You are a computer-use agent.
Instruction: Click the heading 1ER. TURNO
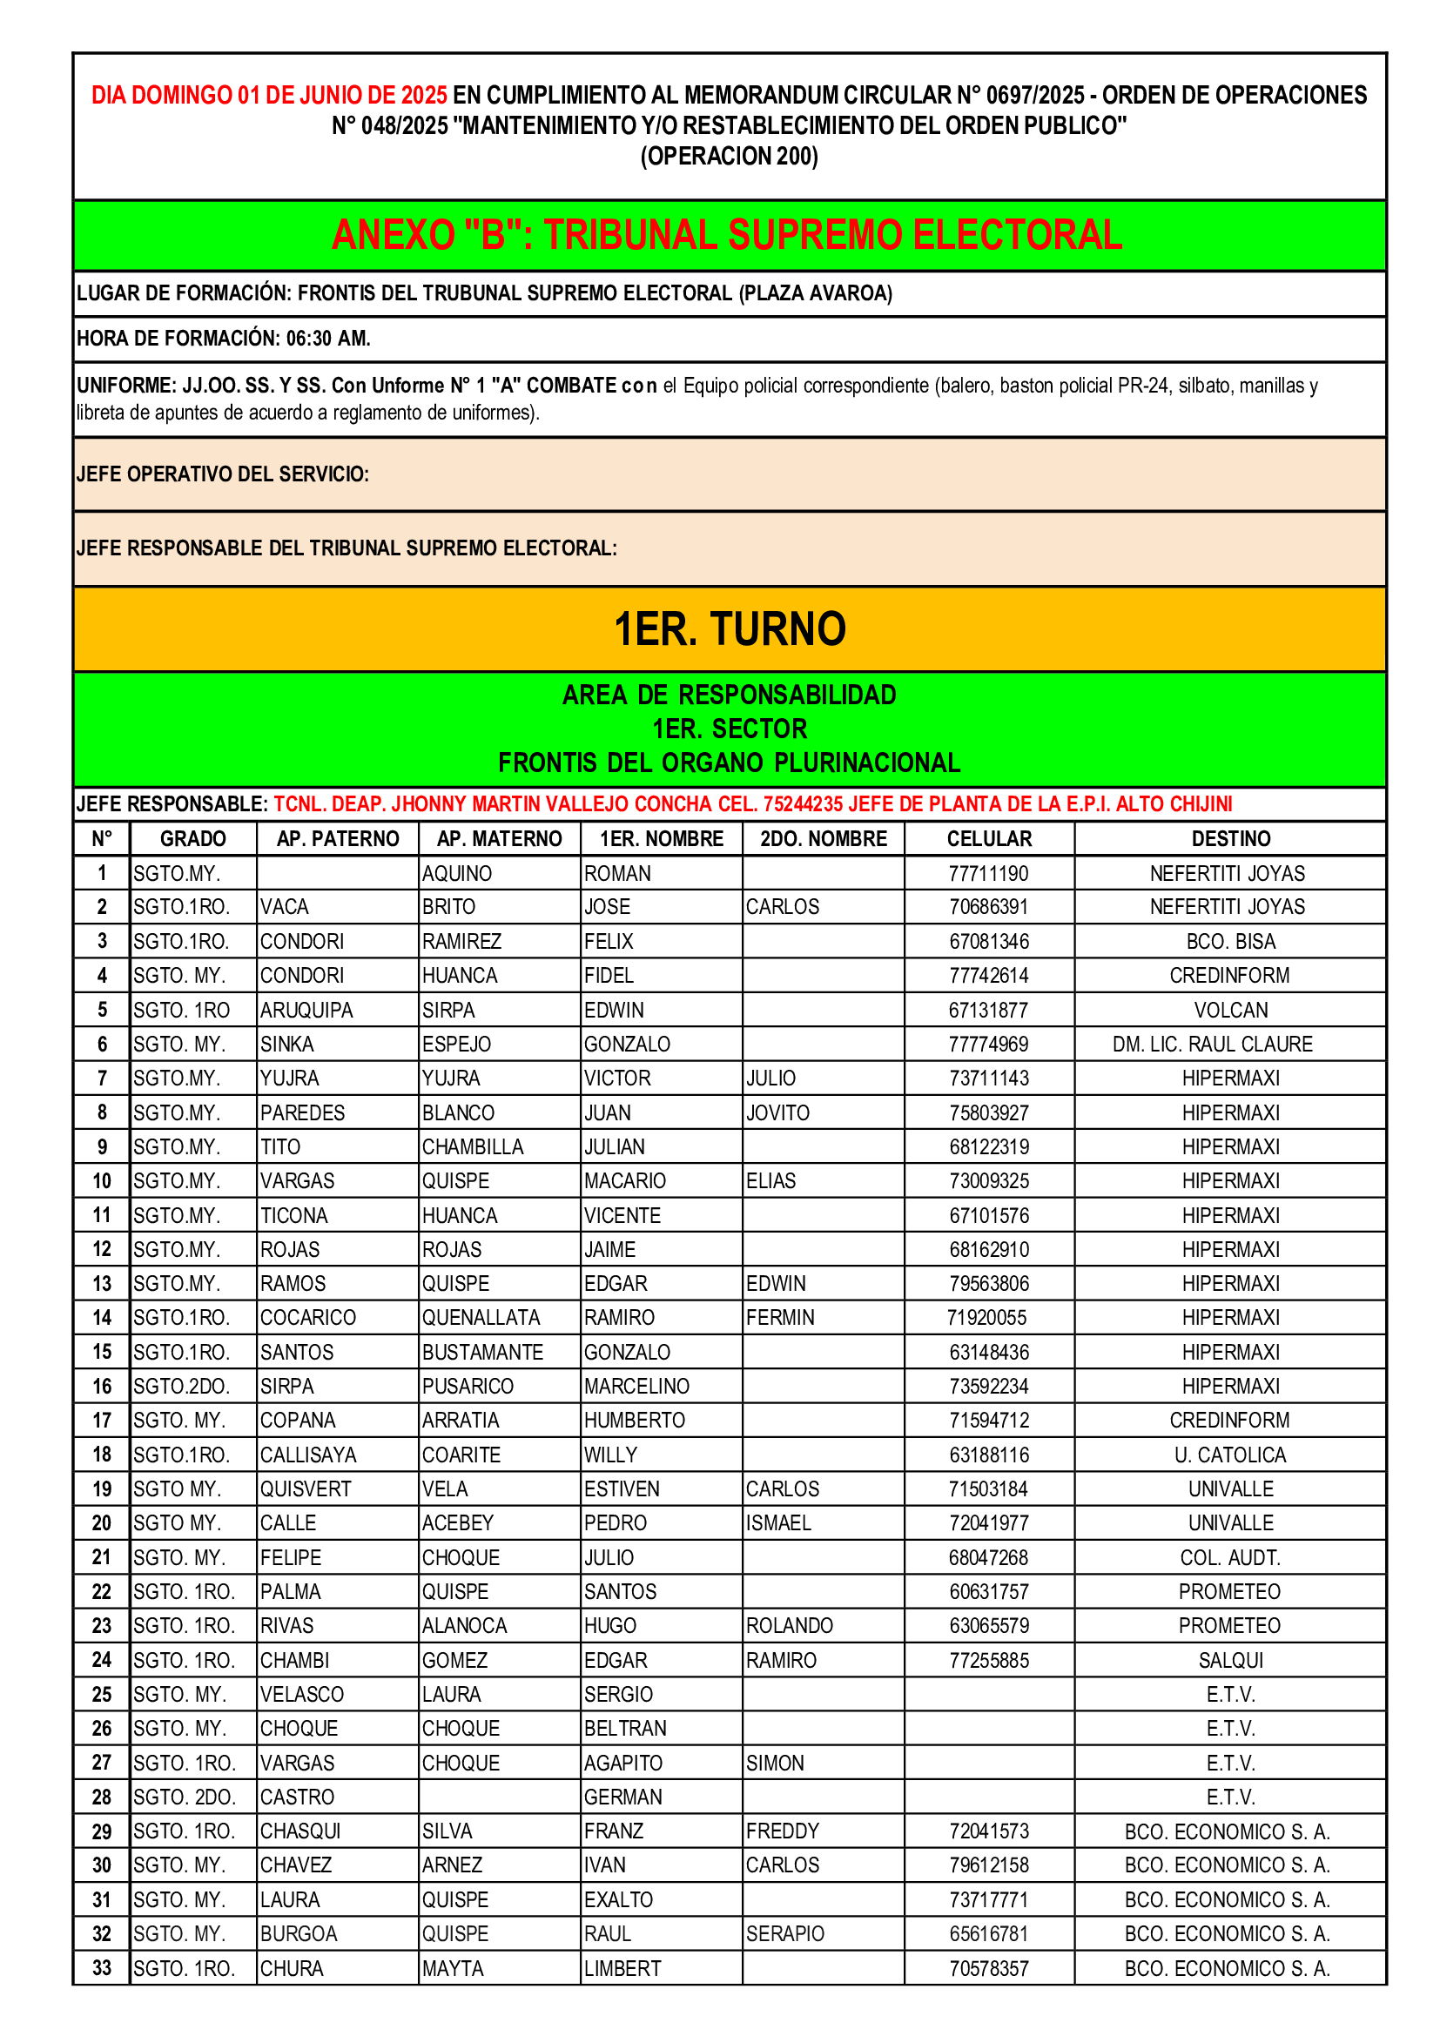pos(729,628)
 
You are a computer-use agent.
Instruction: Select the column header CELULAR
pos(989,839)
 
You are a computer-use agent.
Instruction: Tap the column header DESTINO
pos(1230,839)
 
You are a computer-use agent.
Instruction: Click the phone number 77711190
pos(988,873)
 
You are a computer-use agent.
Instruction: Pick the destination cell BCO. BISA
pos(1230,942)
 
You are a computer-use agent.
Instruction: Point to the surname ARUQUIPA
pos(306,1010)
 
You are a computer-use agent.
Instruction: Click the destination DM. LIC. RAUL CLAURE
pos(1211,1044)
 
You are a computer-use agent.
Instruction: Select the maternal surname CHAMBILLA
pos(473,1146)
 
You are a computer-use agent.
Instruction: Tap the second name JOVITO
pos(777,1113)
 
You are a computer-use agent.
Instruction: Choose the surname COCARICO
pos(307,1318)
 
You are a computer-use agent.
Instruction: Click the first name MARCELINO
pos(636,1386)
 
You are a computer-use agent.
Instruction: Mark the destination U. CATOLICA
pos(1230,1455)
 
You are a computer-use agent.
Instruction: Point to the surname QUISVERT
pos(305,1488)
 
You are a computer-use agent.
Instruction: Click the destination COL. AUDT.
pos(1230,1558)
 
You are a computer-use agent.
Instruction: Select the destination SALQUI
pos(1230,1660)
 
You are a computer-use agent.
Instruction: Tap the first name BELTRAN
pos(624,1729)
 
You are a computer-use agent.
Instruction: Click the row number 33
pos(101,1969)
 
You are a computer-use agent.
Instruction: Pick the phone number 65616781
pos(989,1934)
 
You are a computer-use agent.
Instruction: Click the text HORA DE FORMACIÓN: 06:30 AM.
pos(224,339)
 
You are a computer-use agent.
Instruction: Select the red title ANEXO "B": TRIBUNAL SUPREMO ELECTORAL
pos(727,235)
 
